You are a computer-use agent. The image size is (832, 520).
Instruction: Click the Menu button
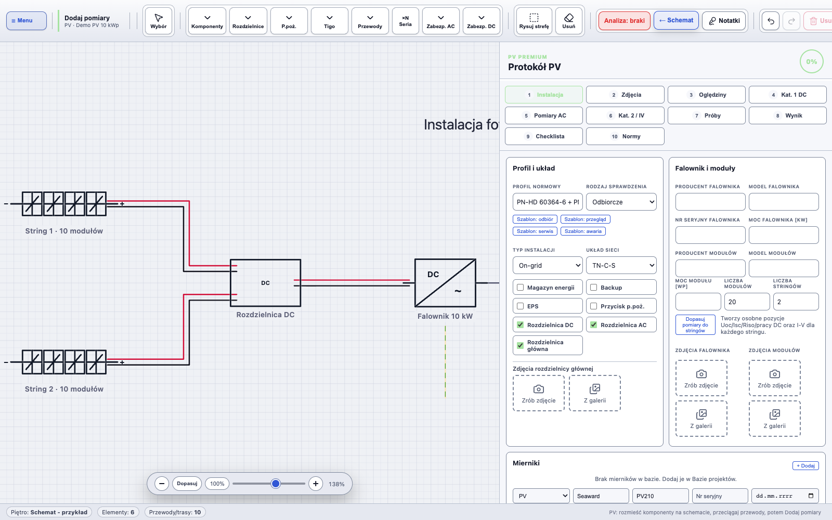27,20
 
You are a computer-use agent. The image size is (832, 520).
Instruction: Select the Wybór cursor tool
159,21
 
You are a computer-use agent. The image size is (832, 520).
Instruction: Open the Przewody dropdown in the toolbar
370,21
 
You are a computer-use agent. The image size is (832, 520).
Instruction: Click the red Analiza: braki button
624,20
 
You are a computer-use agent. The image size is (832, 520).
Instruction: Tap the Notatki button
723,20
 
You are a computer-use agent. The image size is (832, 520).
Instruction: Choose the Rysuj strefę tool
534,21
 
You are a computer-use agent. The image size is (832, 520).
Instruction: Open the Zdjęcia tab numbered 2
625,95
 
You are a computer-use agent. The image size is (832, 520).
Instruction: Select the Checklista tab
544,136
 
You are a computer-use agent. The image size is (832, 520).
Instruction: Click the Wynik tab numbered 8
787,115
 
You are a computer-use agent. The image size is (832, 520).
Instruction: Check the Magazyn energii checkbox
521,288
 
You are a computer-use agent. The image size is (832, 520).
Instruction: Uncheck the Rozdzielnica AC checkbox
593,325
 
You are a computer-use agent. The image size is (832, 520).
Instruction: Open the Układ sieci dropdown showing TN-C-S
621,266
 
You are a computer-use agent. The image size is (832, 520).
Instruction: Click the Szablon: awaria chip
583,231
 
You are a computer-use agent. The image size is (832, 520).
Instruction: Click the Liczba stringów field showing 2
796,302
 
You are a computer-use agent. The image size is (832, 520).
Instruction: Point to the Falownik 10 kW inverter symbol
445,283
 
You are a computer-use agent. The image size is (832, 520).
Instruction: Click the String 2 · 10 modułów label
64,389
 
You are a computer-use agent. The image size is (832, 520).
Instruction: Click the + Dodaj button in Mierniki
805,465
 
